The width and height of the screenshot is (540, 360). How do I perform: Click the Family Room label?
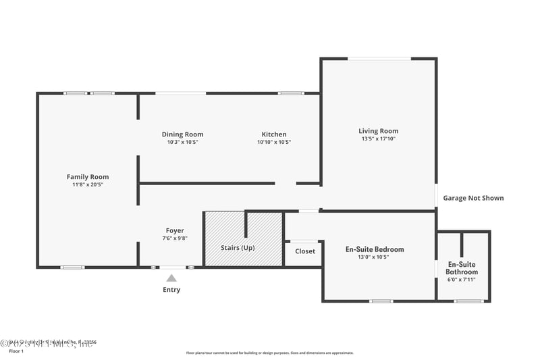point(87,177)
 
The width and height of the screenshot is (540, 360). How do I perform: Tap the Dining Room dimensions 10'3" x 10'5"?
point(182,143)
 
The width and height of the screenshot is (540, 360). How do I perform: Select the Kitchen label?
point(274,134)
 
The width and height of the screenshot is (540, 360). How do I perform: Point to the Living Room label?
point(378,131)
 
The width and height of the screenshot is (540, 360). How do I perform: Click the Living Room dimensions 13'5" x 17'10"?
point(378,139)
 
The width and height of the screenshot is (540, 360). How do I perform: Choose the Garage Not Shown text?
point(473,198)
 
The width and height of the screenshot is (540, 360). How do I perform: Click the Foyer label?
point(175,230)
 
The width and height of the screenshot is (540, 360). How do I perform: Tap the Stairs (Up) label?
point(243,248)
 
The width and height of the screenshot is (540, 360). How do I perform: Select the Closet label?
point(304,251)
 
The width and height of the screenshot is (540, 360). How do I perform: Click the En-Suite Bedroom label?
point(375,249)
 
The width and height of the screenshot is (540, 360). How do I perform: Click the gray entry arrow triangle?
point(171,278)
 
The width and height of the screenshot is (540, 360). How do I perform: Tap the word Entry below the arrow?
point(171,290)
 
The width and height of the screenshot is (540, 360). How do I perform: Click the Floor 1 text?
point(16,351)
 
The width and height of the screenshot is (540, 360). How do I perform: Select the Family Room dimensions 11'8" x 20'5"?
point(87,184)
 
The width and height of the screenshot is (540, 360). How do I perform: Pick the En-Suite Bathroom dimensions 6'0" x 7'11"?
point(462,280)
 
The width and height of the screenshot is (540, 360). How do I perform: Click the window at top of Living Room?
point(379,59)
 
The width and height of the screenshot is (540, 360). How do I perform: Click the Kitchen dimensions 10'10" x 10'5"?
point(274,143)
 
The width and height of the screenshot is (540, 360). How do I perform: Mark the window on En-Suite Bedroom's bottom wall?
point(381,301)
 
